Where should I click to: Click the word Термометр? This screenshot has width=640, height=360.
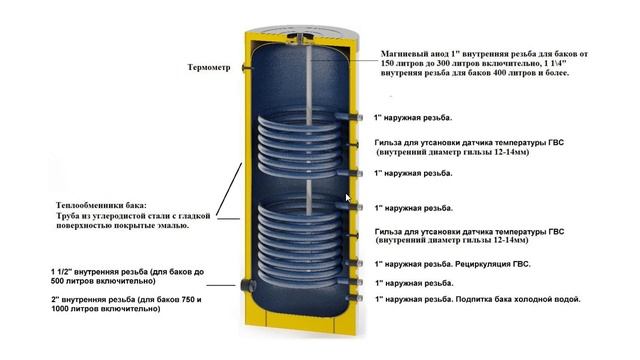point(209,67)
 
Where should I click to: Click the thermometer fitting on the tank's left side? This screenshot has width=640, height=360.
point(246,67)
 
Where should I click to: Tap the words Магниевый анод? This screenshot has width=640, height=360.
point(415,54)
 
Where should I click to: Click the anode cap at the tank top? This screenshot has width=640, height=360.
point(300,37)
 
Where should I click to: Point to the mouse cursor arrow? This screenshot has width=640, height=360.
point(348,198)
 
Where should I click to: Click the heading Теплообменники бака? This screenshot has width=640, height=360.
point(101,205)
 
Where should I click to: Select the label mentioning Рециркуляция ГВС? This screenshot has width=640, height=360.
point(452,264)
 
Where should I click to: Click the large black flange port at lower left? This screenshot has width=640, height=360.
point(247,284)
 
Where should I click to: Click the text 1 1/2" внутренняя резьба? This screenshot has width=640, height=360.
point(99,272)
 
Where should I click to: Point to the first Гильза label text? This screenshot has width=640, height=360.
point(469,147)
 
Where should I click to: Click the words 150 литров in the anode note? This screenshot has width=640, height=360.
point(399,64)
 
